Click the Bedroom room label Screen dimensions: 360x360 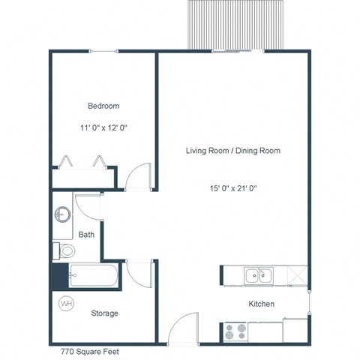click(103, 106)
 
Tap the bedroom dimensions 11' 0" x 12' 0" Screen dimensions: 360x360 click(103, 128)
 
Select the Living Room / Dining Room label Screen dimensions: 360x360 click(232, 151)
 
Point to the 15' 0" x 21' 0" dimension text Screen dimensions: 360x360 click(232, 188)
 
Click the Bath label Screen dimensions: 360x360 click(87, 235)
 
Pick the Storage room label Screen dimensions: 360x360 click(104, 313)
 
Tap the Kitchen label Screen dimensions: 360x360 click(261, 304)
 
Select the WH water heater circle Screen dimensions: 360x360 click(66, 304)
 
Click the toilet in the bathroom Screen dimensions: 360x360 click(63, 250)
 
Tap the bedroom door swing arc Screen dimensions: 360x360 click(139, 176)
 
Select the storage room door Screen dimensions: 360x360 click(140, 271)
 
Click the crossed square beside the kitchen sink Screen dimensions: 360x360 click(297, 276)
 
